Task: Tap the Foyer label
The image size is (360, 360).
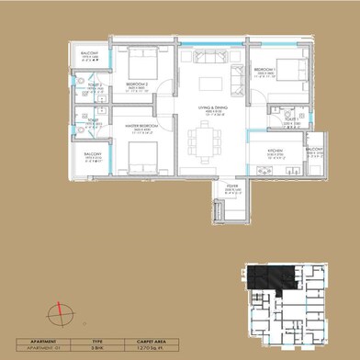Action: (234, 190)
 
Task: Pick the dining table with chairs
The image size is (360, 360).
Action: (204, 142)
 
